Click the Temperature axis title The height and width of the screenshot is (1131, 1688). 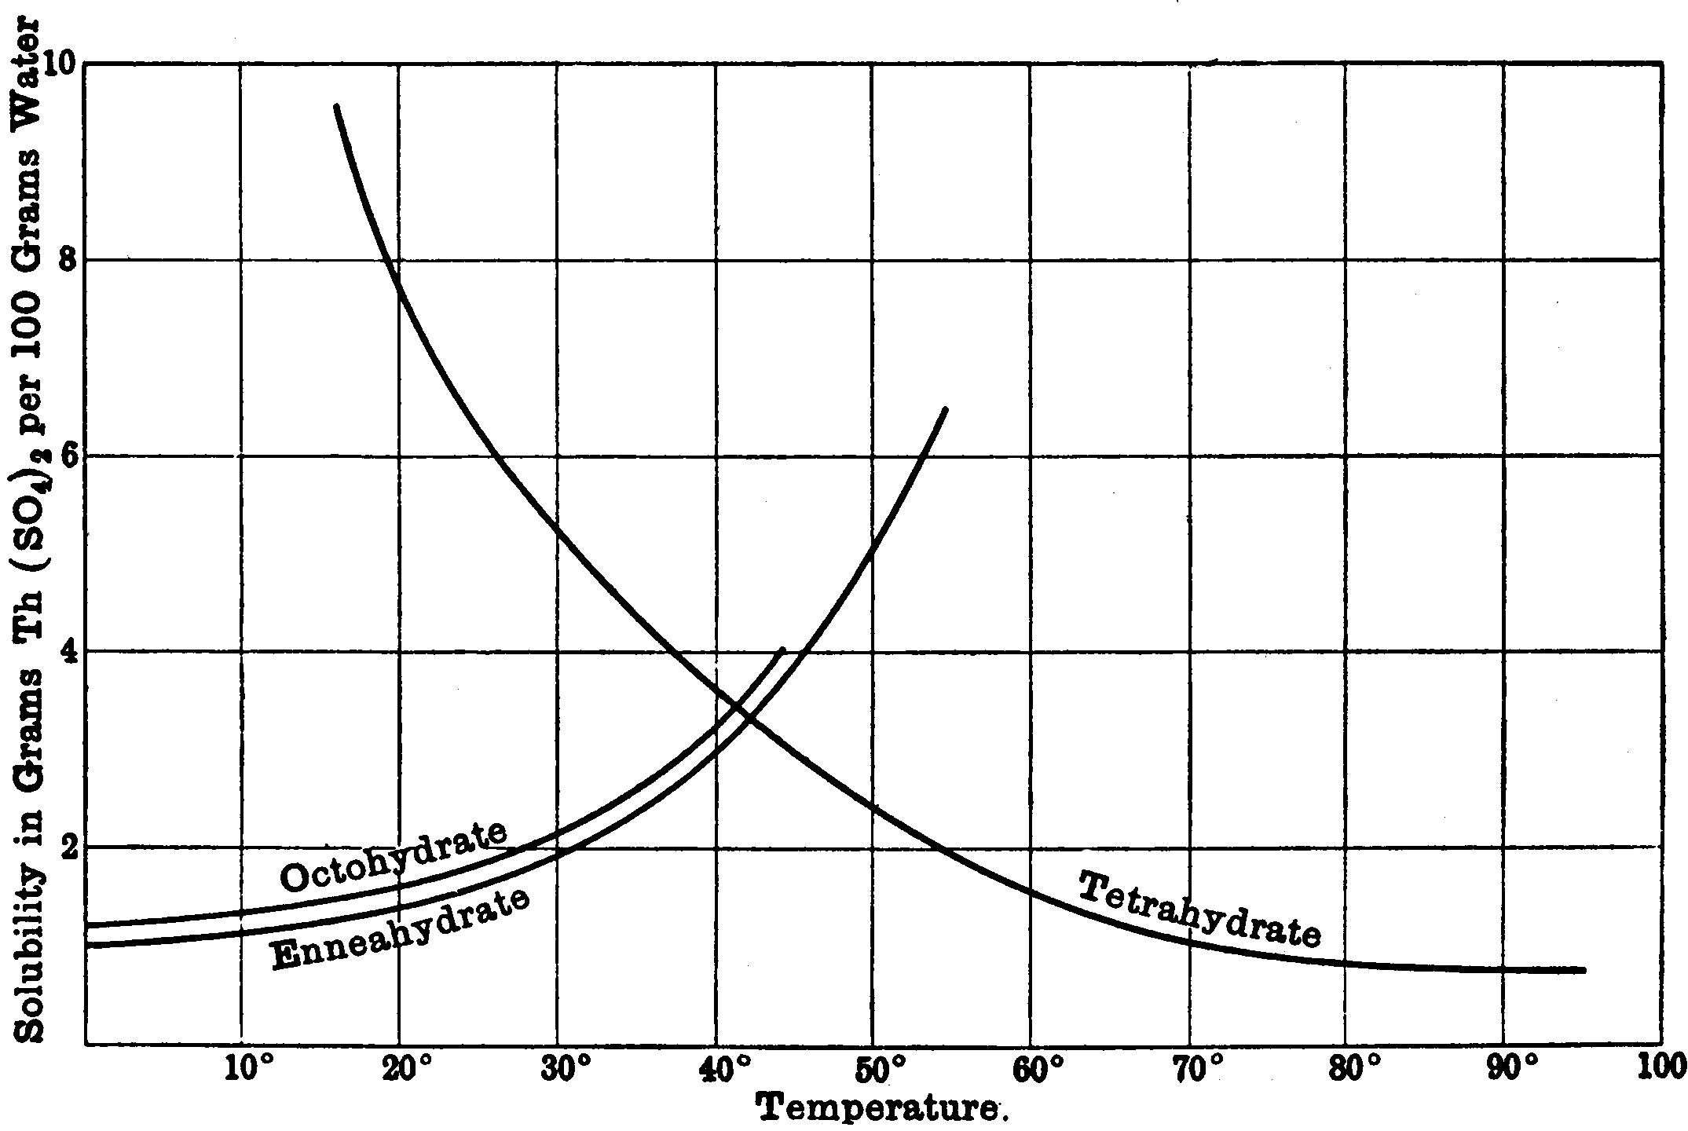click(x=881, y=1110)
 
